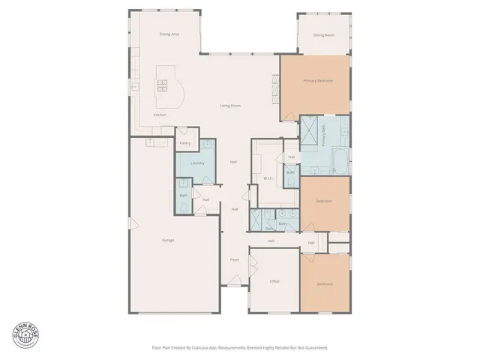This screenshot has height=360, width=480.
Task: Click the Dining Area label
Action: pyautogui.click(x=169, y=34)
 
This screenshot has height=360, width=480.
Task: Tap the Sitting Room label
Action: pyautogui.click(x=324, y=35)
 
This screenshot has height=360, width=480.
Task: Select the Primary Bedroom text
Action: pyautogui.click(x=318, y=80)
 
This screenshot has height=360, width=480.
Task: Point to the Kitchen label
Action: pyautogui.click(x=160, y=115)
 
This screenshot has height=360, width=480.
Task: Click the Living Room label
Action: pyautogui.click(x=230, y=106)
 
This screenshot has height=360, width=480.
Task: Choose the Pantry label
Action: pyautogui.click(x=185, y=142)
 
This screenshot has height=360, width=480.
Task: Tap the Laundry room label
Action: pyautogui.click(x=198, y=163)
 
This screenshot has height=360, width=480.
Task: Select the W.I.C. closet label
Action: pyautogui.click(x=268, y=178)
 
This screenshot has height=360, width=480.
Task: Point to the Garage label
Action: pyautogui.click(x=169, y=240)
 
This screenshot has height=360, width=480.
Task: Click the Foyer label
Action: pyautogui.click(x=235, y=259)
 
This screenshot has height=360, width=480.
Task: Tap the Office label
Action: pyautogui.click(x=274, y=281)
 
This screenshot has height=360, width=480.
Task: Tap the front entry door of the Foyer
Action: pyautogui.click(x=235, y=283)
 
